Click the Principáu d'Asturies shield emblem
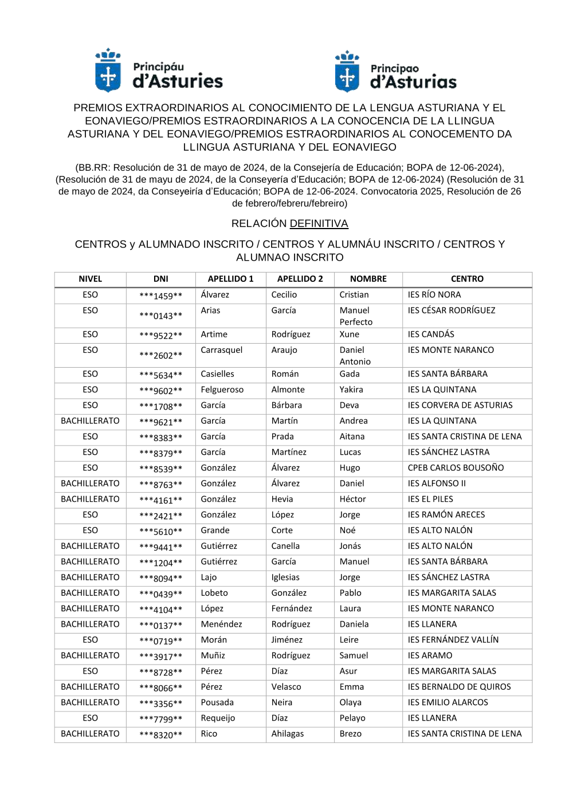tap(108, 72)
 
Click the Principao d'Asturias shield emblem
tap(347, 72)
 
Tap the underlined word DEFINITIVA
tap(319, 223)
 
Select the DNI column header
tap(160, 279)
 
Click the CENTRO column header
tap(467, 279)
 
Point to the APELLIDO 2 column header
tap(300, 279)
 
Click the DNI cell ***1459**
tap(160, 296)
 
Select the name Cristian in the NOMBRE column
tap(354, 294)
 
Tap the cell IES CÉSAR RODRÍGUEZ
tap(451, 310)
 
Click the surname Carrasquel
tap(221, 350)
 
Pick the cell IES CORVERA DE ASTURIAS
tap(460, 405)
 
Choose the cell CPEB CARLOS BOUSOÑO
tap(456, 467)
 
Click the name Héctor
tap(352, 499)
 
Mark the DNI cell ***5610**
tap(160, 532)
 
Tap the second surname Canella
tap(285, 546)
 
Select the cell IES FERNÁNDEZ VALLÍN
tap(453, 640)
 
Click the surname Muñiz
tap(213, 655)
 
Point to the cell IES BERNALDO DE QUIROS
tap(459, 687)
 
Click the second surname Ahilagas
tap(287, 734)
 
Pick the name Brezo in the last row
tap(350, 734)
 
